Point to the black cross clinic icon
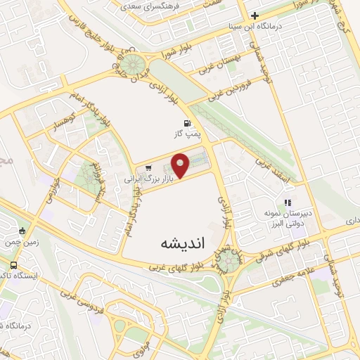pos(255,15)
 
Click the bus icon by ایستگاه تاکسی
pos(13,265)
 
